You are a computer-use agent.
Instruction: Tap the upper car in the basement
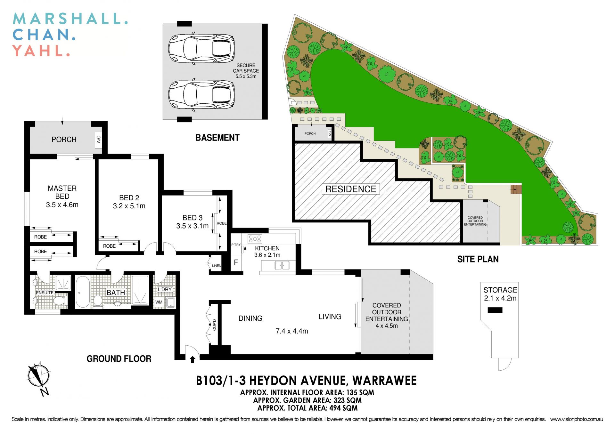(x=201, y=48)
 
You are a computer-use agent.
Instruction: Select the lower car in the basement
(x=201, y=95)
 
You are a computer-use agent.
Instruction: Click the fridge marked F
(x=236, y=262)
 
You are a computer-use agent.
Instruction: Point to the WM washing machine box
(x=159, y=302)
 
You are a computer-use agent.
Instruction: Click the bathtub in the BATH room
(x=83, y=292)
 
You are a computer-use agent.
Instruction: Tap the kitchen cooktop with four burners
(x=255, y=239)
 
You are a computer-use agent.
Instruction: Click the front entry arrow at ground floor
(x=193, y=360)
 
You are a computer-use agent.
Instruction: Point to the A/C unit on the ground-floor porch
(x=99, y=139)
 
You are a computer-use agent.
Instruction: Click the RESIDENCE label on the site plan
(x=351, y=189)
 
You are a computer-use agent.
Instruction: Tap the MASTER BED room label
(x=62, y=192)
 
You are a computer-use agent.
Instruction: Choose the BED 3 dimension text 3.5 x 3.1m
(x=192, y=226)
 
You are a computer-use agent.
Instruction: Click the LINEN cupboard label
(x=217, y=266)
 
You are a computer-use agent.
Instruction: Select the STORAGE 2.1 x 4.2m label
(x=500, y=294)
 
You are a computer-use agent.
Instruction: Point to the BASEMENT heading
(x=217, y=138)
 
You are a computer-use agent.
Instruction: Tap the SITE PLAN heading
(x=478, y=259)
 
